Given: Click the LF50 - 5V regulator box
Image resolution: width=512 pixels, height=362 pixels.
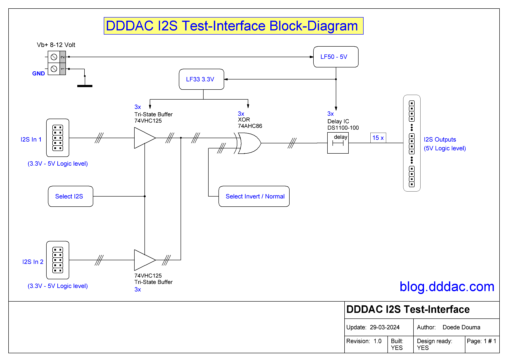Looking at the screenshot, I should [x=336, y=57].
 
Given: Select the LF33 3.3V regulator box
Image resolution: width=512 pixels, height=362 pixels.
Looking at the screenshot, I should [x=201, y=79].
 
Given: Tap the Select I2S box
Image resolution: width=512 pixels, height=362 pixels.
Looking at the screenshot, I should [x=70, y=196].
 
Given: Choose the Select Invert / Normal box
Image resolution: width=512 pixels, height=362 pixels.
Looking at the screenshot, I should [x=254, y=196].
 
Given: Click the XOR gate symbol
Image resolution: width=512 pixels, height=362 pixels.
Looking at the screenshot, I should [x=248, y=143].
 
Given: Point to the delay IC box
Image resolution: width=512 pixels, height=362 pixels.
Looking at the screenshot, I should [x=338, y=143].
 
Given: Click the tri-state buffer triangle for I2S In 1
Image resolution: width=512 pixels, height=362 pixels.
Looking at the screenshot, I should [x=143, y=138].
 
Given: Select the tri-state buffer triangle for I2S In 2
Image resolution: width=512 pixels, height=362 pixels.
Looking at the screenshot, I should [x=143, y=260].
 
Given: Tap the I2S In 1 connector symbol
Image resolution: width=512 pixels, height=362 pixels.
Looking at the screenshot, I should [x=58, y=138].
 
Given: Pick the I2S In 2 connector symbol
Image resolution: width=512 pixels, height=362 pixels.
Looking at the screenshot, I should [x=58, y=260].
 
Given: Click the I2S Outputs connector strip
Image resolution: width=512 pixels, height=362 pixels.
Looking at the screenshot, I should [x=412, y=143].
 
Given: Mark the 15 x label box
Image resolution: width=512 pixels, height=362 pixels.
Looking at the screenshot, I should [x=378, y=138].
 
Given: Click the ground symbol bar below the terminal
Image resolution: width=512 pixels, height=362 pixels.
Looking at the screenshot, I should [x=85, y=86].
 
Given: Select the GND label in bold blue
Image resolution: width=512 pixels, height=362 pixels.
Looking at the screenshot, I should [x=38, y=73].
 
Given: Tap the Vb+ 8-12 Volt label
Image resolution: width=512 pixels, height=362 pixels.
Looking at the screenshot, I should [x=56, y=45].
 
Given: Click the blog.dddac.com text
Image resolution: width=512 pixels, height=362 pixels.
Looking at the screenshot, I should [x=447, y=287].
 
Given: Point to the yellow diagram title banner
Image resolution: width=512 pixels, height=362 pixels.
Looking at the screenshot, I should [x=233, y=26].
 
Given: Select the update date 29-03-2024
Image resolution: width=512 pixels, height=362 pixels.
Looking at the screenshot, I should [x=385, y=327].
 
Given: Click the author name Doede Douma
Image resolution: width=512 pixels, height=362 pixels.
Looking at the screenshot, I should [x=461, y=327].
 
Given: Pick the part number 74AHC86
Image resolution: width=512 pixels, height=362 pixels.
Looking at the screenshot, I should [x=250, y=126].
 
